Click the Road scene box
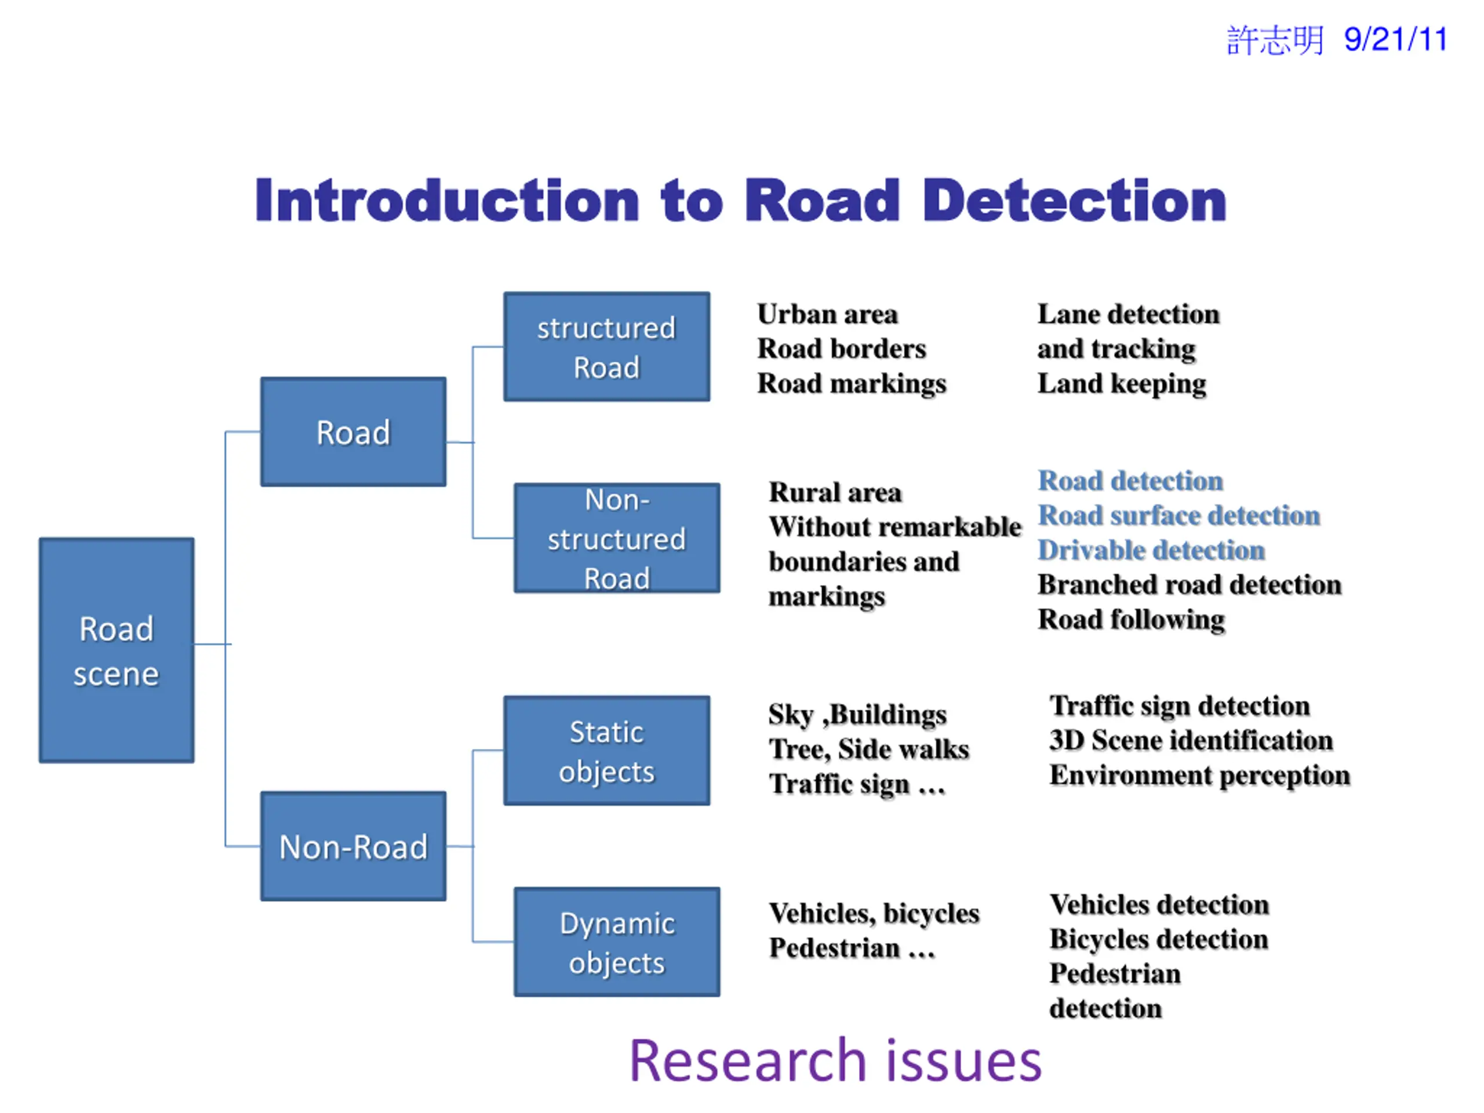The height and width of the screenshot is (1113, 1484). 117,650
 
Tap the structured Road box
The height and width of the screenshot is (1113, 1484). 607,347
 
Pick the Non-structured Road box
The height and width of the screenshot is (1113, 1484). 617,538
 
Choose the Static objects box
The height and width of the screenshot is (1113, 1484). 607,751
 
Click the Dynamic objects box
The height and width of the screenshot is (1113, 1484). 617,942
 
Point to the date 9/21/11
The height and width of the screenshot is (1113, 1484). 1396,39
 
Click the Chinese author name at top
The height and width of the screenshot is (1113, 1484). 1275,40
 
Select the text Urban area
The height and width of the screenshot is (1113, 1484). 828,314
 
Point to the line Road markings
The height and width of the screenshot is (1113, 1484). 852,384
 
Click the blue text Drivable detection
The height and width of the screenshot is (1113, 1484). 1151,550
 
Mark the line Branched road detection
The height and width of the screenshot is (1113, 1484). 1190,584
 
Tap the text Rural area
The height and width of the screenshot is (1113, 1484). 835,492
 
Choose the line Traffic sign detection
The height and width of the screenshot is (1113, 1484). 1180,706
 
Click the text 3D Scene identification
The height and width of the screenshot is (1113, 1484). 1191,740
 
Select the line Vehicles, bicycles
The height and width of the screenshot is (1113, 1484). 874,914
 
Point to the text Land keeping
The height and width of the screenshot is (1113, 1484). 1122,384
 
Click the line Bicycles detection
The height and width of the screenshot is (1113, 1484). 1159,939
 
